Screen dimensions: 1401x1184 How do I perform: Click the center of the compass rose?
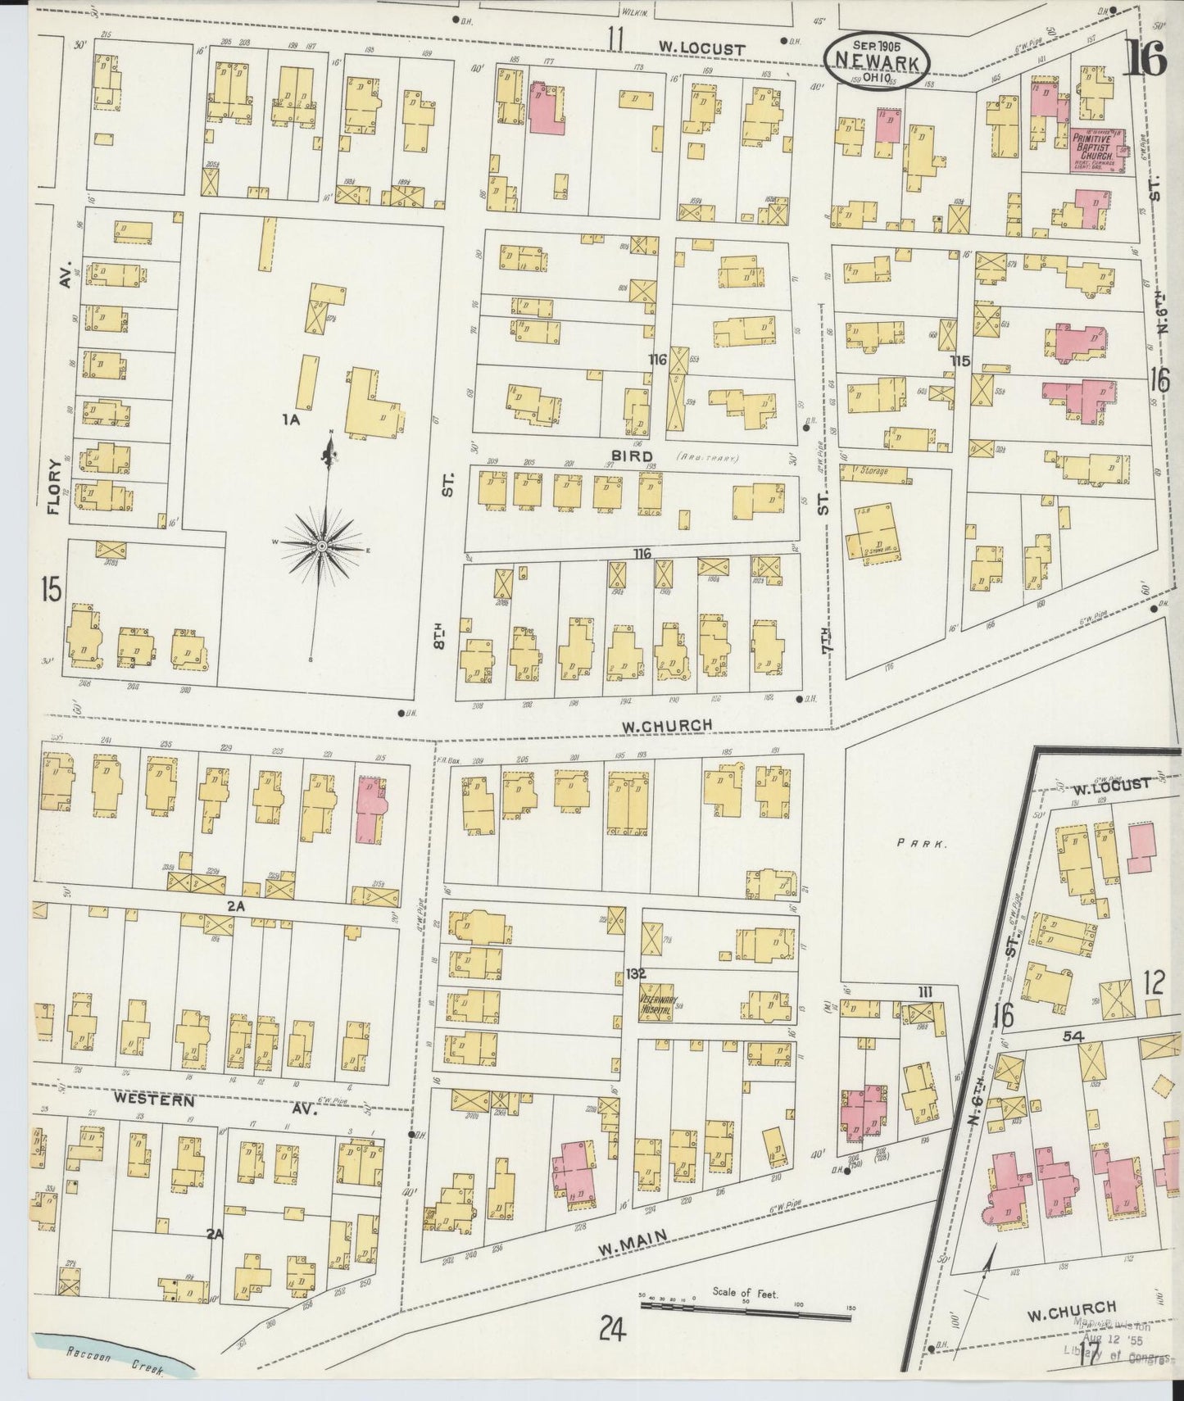coord(322,546)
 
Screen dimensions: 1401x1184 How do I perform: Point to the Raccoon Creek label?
coord(115,1369)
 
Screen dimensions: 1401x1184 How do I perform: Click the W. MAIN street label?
coord(629,1250)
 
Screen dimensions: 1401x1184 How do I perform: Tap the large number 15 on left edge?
coord(51,590)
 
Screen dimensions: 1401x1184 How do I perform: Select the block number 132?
coord(637,974)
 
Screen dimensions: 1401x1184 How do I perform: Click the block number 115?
coord(960,360)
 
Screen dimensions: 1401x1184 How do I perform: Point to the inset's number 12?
coord(1154,982)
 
